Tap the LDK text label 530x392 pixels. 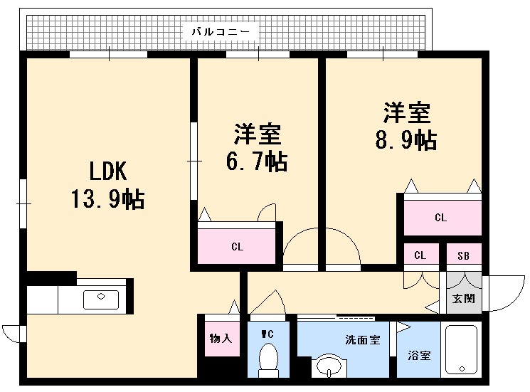tap(107, 171)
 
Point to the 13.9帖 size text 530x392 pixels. tap(107, 199)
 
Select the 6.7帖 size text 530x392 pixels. tap(257, 162)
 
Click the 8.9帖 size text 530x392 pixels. tap(406, 139)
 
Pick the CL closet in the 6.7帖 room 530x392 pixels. tap(237, 246)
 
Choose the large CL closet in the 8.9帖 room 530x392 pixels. tap(441, 217)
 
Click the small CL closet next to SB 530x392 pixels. tap(420, 255)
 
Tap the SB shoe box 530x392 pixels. tap(463, 255)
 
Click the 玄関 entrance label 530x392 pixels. tap(463, 298)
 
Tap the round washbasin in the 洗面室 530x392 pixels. tap(328, 367)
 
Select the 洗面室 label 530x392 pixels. tap(362, 340)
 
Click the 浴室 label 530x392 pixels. tap(419, 355)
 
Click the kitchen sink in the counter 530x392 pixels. tap(100, 299)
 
